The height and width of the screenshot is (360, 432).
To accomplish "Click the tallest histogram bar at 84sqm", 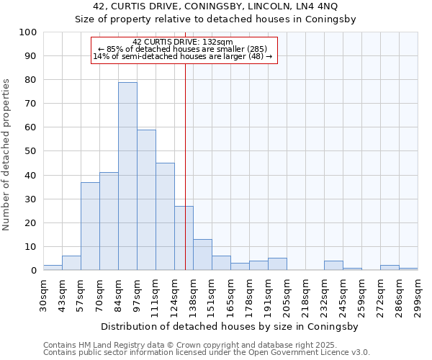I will [127, 176].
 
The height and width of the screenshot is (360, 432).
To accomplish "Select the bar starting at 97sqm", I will [146, 200].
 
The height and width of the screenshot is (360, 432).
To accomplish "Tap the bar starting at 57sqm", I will [90, 226].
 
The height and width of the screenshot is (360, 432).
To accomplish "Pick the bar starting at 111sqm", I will [165, 217].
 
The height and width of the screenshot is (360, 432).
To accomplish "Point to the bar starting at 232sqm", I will [333, 266].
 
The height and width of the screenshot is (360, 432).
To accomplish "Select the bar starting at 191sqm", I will [277, 264].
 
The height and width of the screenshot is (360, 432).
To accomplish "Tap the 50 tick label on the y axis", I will [30, 151].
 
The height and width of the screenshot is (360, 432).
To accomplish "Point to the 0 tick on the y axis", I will [33, 271].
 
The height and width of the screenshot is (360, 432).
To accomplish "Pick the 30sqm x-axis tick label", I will [43, 296].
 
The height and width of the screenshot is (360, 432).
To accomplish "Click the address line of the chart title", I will [216, 6].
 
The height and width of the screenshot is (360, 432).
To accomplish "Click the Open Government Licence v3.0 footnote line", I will [207, 352].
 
